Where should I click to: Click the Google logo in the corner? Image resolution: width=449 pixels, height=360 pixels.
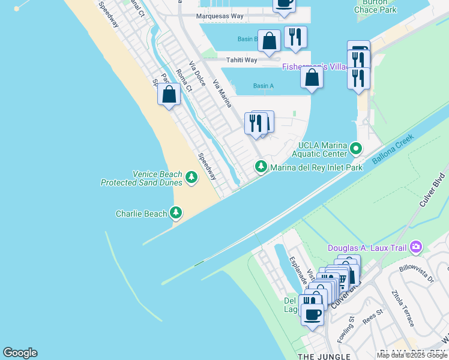20,353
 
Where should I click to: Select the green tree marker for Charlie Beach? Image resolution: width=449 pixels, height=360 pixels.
176,213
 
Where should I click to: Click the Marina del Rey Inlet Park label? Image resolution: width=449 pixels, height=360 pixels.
316,167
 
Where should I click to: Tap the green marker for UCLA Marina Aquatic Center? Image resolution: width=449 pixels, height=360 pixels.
357,148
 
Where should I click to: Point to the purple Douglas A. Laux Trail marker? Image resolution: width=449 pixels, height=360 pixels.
416,247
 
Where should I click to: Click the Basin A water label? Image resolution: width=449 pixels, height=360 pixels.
263,86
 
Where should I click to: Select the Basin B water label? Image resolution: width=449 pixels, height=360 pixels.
247,40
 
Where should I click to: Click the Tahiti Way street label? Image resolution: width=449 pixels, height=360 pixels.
241,60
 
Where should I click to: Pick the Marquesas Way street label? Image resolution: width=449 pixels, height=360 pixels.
221,16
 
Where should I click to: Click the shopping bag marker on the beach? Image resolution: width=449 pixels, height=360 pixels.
169,94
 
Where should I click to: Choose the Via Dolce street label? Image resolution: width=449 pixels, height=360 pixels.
197,73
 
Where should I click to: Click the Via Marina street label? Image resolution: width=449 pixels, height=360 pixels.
221,94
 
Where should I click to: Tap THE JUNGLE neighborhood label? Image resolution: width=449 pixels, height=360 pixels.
324,357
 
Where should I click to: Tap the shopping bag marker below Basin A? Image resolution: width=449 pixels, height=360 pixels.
312,79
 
